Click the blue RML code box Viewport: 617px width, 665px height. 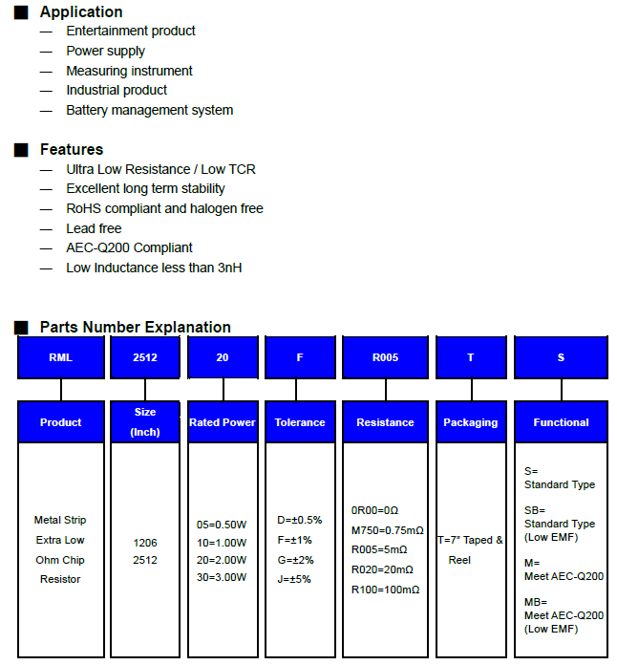pos(60,357)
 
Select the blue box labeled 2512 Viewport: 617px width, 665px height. pos(145,357)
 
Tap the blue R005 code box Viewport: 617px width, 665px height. pos(385,357)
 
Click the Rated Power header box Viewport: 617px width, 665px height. pos(223,422)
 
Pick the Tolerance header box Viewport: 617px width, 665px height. pos(300,422)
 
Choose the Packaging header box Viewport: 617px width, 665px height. pos(470,422)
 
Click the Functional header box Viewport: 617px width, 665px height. pos(561,422)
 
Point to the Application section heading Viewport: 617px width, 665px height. pos(81,12)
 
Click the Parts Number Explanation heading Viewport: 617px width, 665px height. pos(135,328)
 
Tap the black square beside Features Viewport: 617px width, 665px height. pos(21,150)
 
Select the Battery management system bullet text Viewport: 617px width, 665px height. pos(149,110)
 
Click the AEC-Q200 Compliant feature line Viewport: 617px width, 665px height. pos(129,247)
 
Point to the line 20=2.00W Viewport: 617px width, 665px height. pos(222,560)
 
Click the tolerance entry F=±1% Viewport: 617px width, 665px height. pos(294,540)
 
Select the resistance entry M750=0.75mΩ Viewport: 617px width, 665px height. pos(387,530)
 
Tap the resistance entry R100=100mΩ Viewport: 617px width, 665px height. pos(385,590)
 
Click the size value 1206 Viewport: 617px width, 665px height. pos(145,543)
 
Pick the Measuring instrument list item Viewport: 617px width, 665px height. pos(129,71)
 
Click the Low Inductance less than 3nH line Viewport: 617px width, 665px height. pos(154,268)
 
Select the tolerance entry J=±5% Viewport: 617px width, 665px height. pos(294,579)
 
